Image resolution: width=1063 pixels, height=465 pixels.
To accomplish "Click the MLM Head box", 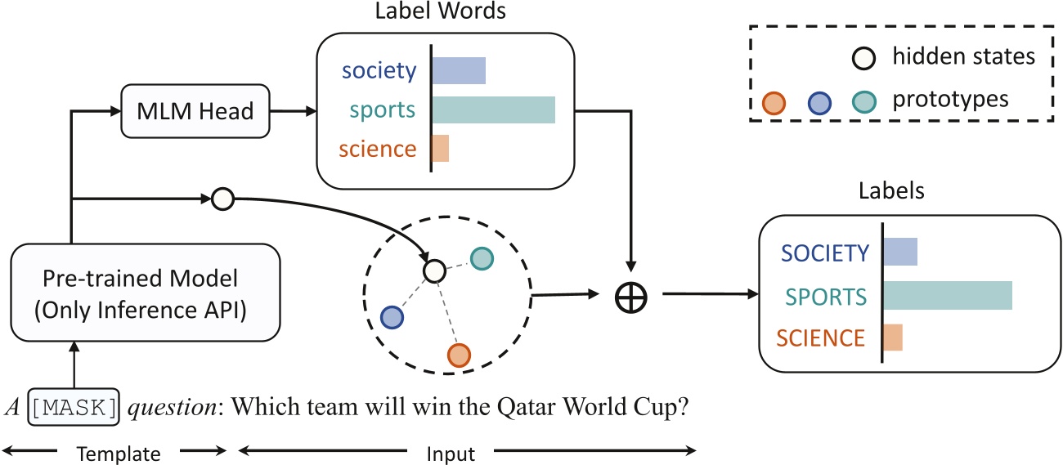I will [x=195, y=112].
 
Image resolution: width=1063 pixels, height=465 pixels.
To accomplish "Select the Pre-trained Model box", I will [x=146, y=293].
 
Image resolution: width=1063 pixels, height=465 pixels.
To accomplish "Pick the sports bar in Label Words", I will [x=493, y=110].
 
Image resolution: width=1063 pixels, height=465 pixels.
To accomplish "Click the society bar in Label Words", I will [x=459, y=71].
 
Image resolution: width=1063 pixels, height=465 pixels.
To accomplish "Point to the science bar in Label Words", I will [x=441, y=149].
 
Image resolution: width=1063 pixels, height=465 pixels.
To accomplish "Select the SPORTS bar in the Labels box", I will [x=947, y=295].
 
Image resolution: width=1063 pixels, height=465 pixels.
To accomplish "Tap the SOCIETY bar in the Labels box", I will [x=900, y=252].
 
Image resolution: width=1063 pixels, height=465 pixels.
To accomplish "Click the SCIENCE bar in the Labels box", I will [x=893, y=338].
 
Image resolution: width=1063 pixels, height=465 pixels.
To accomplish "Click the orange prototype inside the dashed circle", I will [x=459, y=355].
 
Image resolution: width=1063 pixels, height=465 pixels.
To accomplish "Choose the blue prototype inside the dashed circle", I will [x=392, y=317].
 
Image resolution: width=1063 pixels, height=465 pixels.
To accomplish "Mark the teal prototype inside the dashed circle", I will [x=482, y=259].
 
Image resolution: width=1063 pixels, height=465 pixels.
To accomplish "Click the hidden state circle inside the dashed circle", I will [x=434, y=270].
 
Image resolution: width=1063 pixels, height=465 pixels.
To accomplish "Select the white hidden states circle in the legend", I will [x=866, y=57].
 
